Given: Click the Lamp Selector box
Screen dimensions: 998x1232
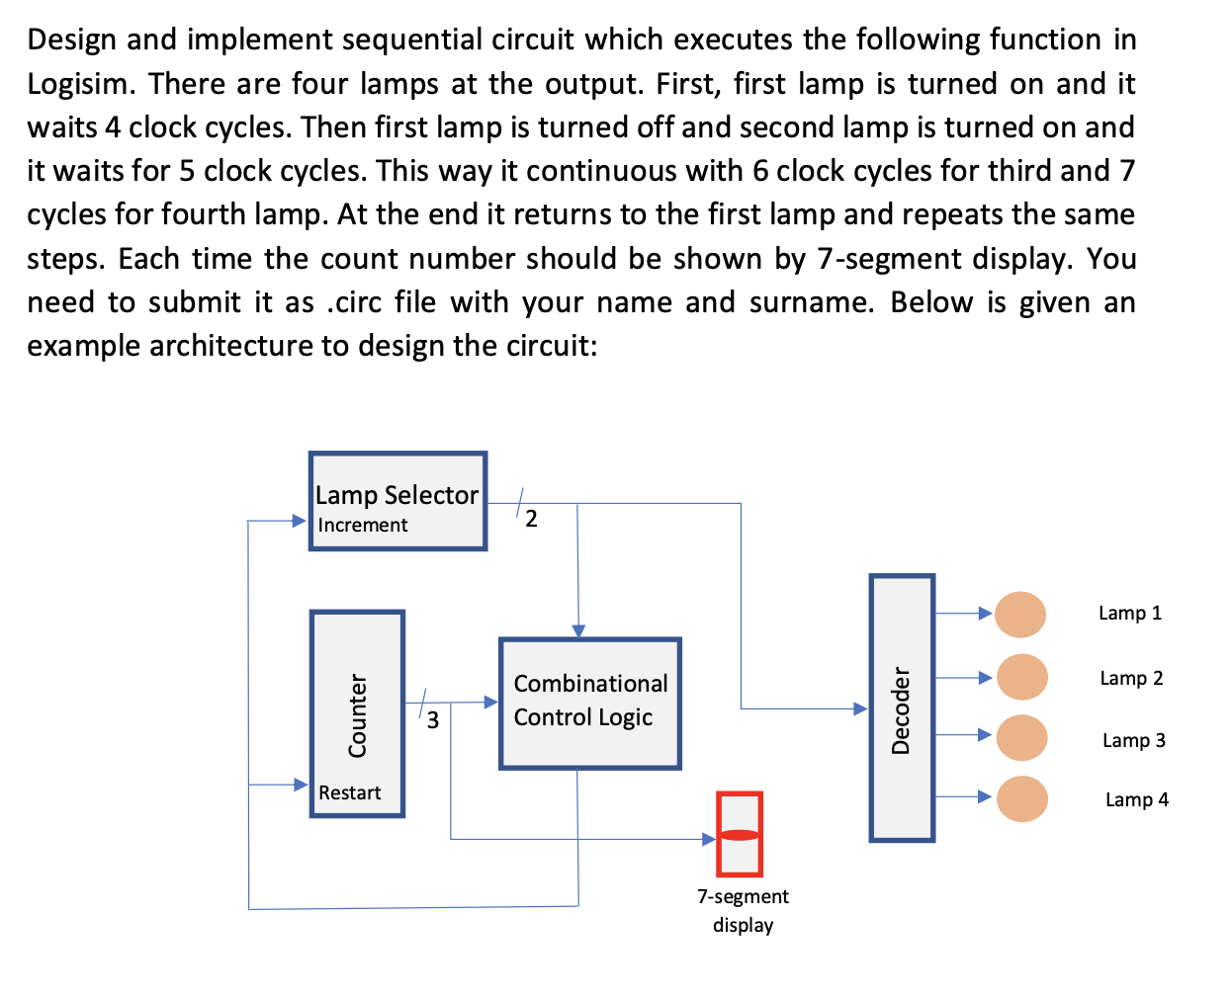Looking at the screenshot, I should point(397,500).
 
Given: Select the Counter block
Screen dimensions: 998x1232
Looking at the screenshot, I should point(357,713).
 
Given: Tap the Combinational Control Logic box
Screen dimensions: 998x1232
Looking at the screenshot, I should point(590,703).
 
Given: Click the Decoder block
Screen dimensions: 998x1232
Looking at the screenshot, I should point(902,707).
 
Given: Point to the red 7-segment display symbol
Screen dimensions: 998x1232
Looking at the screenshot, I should point(740,834).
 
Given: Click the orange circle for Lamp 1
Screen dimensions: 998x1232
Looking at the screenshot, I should point(1020,614).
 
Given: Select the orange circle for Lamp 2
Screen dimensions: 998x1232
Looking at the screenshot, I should point(1021,677).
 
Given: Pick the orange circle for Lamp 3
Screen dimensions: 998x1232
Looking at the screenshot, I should point(1021,738).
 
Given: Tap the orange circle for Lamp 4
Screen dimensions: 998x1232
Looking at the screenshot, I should point(1021,798).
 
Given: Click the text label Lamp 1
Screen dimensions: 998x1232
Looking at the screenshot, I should point(1129,614).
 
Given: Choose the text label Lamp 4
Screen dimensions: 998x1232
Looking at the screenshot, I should point(1136,799).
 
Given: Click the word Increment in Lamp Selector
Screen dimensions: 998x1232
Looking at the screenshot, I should point(362,526).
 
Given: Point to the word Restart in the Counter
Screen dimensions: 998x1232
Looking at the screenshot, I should point(349,792).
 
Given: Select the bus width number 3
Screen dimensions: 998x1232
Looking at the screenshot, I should point(433,720).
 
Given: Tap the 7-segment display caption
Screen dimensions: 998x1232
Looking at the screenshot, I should point(743,910).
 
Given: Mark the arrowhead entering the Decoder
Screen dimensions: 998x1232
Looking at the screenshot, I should point(860,708).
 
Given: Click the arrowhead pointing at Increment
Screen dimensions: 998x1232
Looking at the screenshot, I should point(300,520).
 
